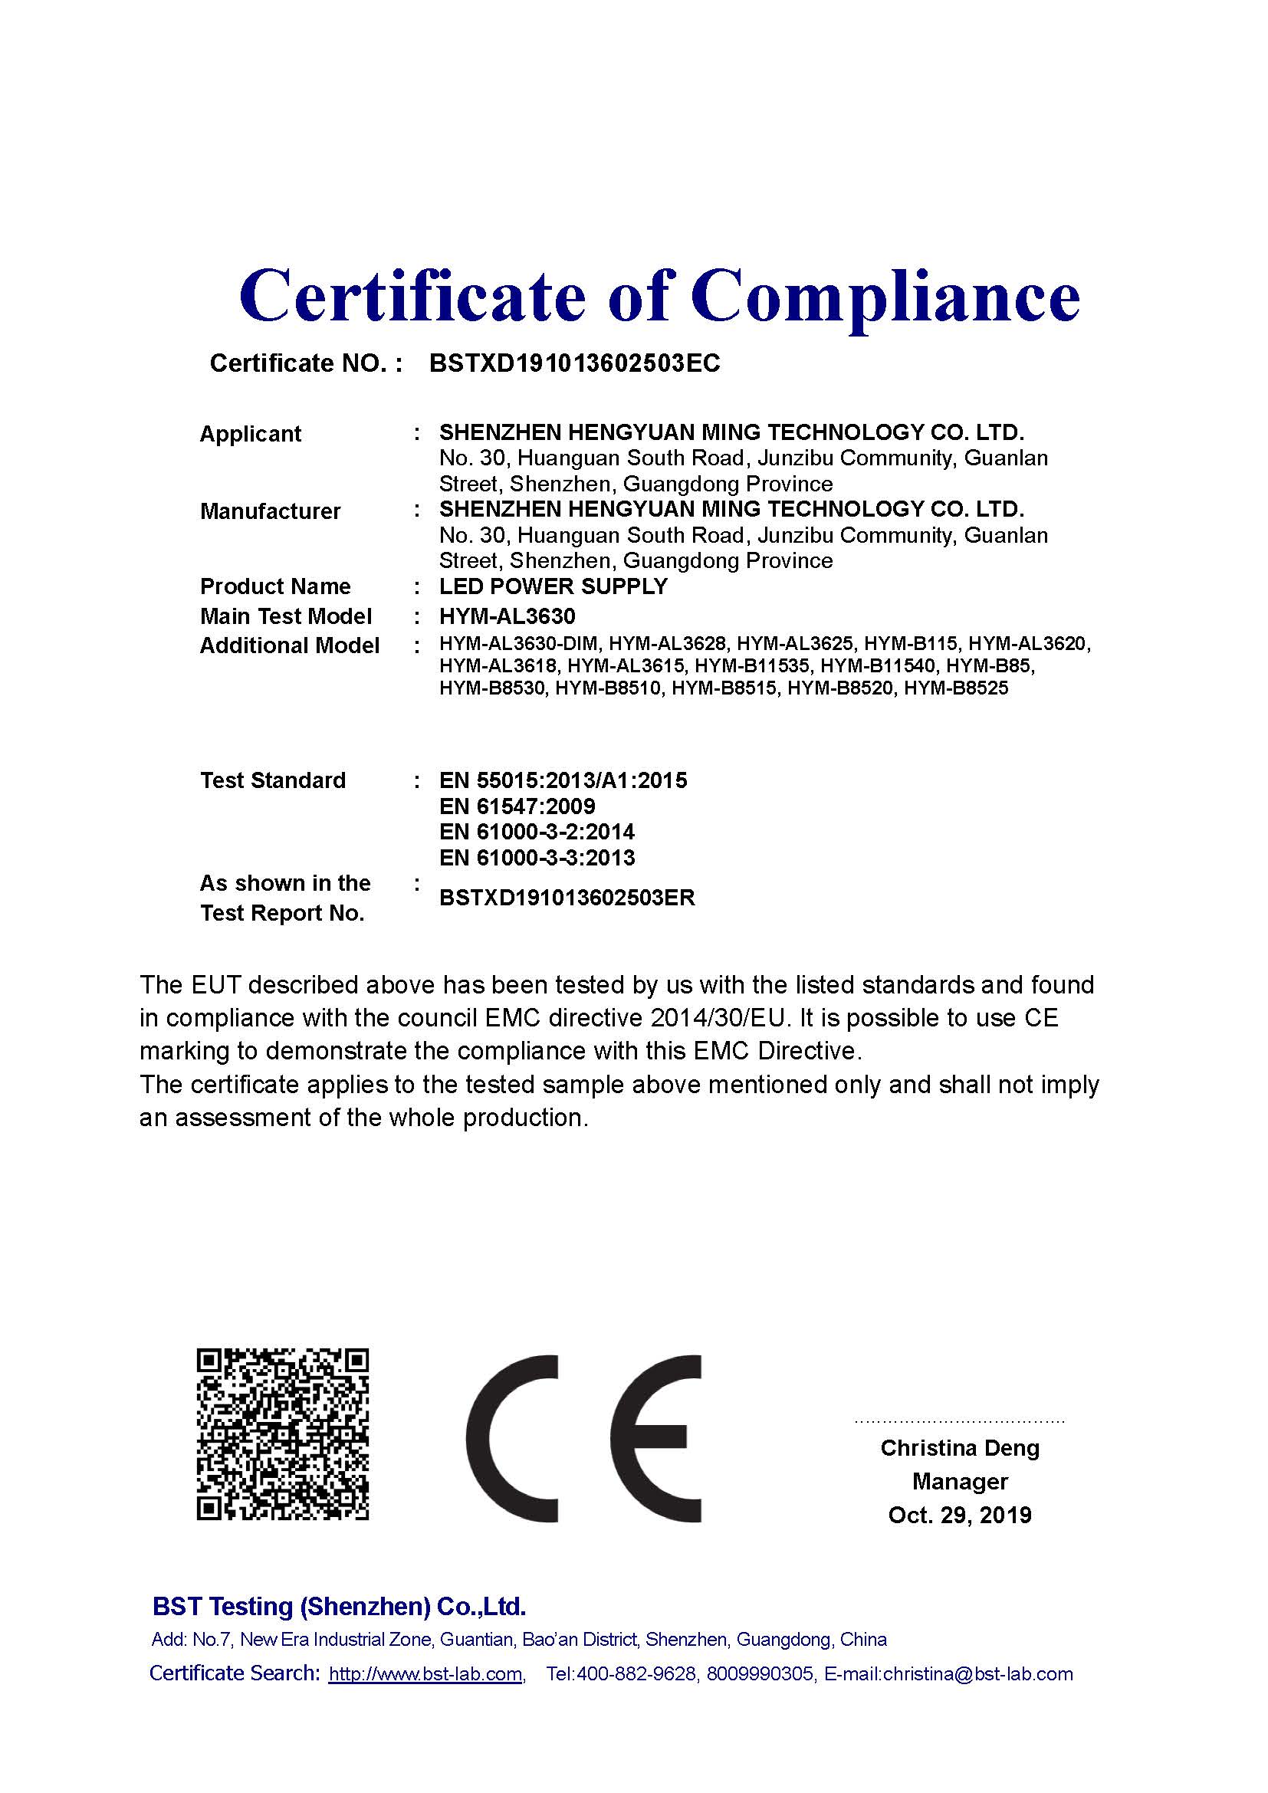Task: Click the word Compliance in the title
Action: (884, 297)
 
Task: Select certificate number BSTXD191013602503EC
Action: (575, 363)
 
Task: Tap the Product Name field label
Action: (275, 586)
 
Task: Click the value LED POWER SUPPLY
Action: (553, 586)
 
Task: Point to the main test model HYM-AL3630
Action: (507, 616)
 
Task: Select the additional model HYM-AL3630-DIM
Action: (518, 644)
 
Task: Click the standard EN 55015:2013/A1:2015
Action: (563, 780)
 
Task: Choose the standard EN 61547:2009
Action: (517, 806)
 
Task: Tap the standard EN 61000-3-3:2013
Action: (537, 858)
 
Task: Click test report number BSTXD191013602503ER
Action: (567, 898)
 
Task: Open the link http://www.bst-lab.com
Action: (425, 1674)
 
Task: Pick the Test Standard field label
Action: (272, 780)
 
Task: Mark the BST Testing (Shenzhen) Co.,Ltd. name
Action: (339, 1607)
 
